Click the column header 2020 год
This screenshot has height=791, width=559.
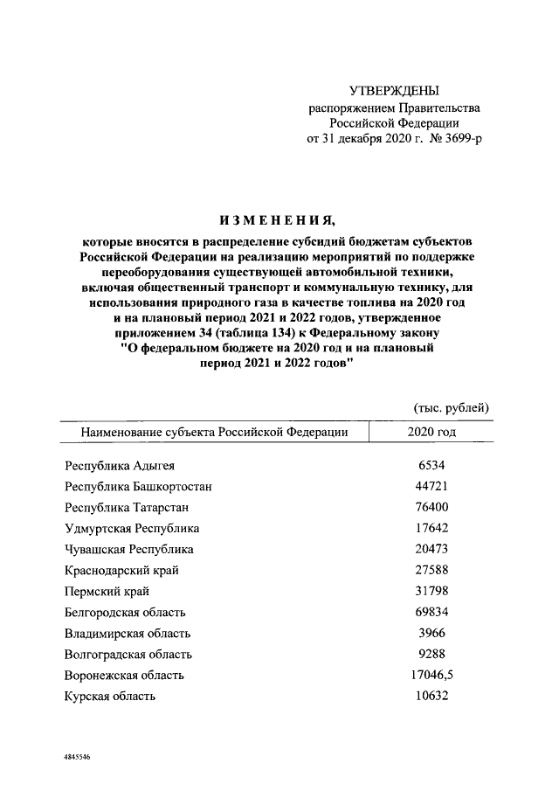click(431, 432)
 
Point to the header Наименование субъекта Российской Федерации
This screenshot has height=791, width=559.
click(214, 432)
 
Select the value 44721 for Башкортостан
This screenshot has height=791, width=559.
click(431, 487)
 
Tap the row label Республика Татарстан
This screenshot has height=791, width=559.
click(127, 508)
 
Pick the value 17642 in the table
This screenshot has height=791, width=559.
click(431, 529)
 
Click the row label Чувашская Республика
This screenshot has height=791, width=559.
click(129, 550)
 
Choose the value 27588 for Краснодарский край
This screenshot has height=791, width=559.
click(431, 571)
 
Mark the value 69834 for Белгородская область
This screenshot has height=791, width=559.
click(431, 613)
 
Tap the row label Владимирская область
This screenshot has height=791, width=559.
click(128, 634)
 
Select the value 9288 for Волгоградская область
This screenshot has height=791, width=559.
click(431, 655)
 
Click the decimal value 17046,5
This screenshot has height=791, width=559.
click(431, 676)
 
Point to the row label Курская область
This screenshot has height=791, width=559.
click(110, 697)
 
